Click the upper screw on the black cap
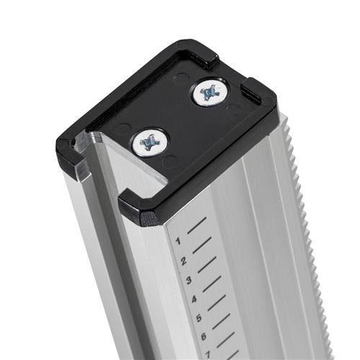(210, 92)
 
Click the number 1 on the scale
(178, 241)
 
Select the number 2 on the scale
(184, 261)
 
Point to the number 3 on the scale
(189, 280)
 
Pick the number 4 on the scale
(194, 300)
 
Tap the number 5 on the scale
(199, 319)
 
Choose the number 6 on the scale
(204, 337)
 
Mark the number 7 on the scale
(208, 355)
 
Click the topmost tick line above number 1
(197, 225)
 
